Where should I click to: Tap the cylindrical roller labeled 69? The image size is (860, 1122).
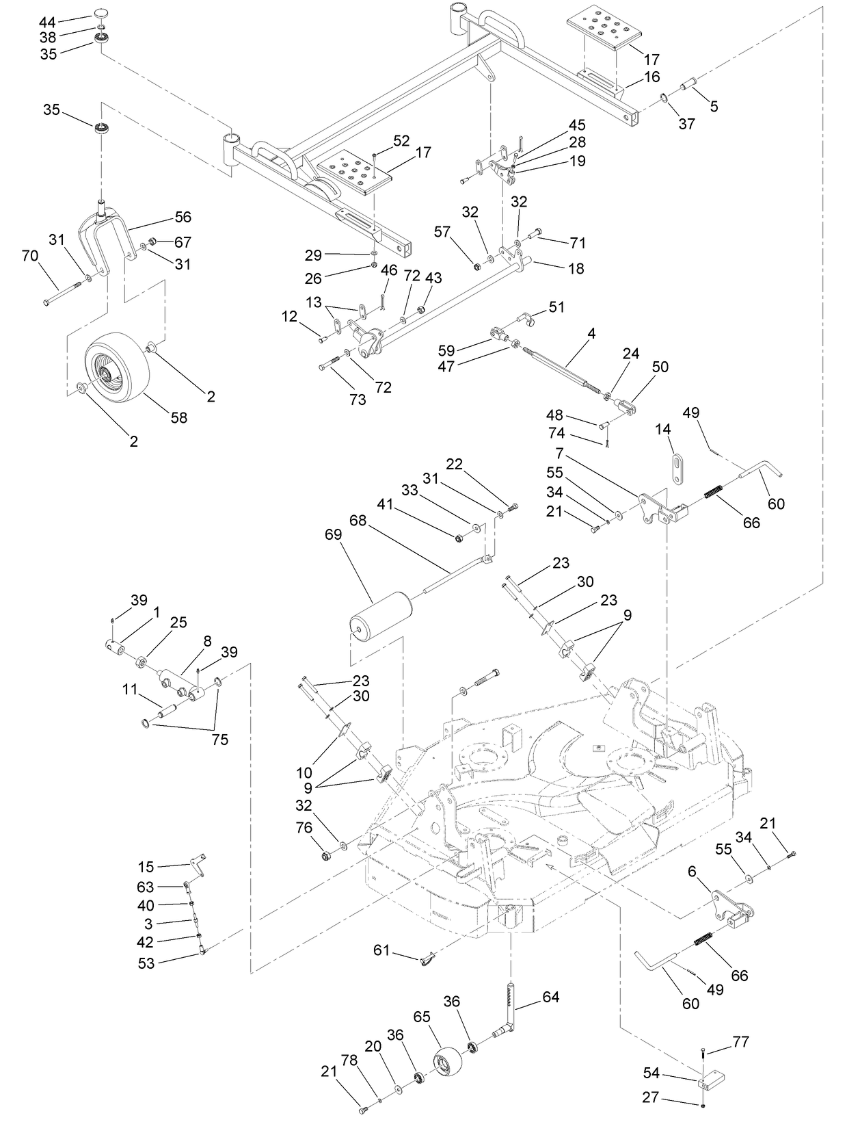pos(381,616)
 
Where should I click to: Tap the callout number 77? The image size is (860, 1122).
pos(740,1042)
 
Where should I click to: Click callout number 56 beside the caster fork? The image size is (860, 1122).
pos(183,217)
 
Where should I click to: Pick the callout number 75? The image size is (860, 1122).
pos(220,740)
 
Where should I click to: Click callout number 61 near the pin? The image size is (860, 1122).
pos(381,950)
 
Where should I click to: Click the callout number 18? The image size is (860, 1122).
pos(576,268)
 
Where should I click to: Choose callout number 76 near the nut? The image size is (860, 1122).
pos(304,828)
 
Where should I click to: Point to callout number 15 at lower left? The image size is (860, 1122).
pos(146,867)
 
